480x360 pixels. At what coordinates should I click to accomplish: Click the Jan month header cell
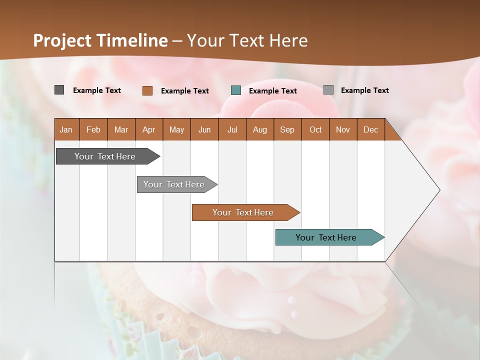click(x=66, y=129)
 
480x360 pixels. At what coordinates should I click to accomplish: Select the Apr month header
click(x=149, y=129)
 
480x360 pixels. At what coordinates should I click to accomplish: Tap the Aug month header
click(x=260, y=129)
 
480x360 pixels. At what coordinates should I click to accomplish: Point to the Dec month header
click(x=370, y=129)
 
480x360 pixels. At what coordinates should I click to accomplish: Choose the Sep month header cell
click(x=287, y=129)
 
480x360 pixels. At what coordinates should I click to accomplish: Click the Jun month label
click(x=204, y=129)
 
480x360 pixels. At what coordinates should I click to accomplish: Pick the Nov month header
click(x=343, y=129)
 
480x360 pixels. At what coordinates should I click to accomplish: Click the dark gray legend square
click(x=59, y=90)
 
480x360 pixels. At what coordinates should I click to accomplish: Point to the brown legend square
click(x=147, y=90)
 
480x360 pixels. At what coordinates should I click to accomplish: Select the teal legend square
click(x=236, y=90)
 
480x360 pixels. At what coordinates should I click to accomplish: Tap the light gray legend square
click(x=328, y=90)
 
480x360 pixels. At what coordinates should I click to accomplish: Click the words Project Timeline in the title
click(x=100, y=40)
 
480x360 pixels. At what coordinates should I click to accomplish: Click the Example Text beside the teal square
click(x=273, y=91)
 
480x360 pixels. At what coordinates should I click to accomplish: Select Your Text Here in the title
click(x=247, y=40)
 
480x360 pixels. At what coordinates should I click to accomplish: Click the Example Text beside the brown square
click(x=185, y=91)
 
